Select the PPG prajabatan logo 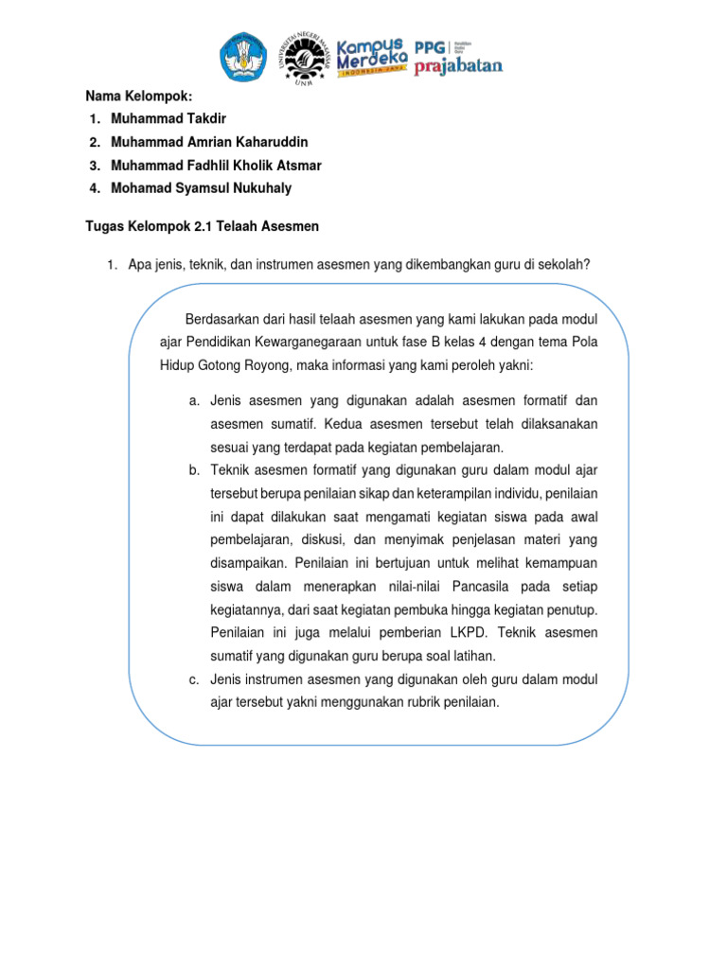pyautogui.click(x=457, y=56)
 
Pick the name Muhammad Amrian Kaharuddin pyautogui.click(x=208, y=142)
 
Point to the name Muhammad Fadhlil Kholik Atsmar pyautogui.click(x=216, y=166)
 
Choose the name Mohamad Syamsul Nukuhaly pyautogui.click(x=201, y=188)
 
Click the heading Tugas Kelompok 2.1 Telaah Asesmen pyautogui.click(x=203, y=227)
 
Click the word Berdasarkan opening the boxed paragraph pyautogui.click(x=225, y=318)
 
